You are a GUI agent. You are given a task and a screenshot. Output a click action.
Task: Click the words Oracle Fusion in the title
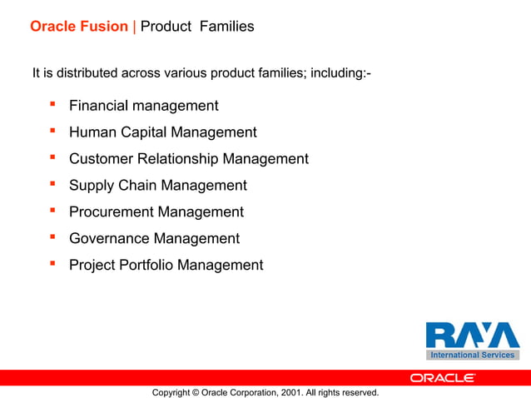[x=80, y=27]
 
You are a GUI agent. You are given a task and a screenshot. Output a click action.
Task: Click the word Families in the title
[x=226, y=27]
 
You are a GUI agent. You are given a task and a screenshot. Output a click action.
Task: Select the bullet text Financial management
[x=143, y=106]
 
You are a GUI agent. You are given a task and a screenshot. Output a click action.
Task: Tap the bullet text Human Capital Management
[x=162, y=132]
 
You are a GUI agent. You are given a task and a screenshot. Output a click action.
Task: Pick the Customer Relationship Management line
[x=188, y=159]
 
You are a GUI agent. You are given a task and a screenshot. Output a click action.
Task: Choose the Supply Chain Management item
[x=157, y=186]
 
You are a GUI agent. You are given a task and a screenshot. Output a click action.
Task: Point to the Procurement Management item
[x=156, y=212]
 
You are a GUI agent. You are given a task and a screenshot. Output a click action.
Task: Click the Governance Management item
[x=154, y=239]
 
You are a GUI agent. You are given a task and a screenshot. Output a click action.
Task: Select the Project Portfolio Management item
[x=166, y=266]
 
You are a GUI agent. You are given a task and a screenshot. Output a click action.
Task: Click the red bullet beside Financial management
[x=52, y=104]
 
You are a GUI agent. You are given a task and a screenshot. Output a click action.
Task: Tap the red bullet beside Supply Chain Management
[x=52, y=184]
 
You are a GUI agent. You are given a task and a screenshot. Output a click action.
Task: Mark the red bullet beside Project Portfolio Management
[x=52, y=264]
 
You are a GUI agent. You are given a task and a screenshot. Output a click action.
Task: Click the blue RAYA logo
[x=472, y=336]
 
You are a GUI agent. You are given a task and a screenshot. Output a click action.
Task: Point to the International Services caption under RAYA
[x=472, y=356]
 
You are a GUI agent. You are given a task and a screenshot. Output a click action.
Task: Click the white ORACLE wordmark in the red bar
[x=442, y=378]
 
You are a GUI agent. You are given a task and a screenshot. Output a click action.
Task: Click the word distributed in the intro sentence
[x=86, y=73]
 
